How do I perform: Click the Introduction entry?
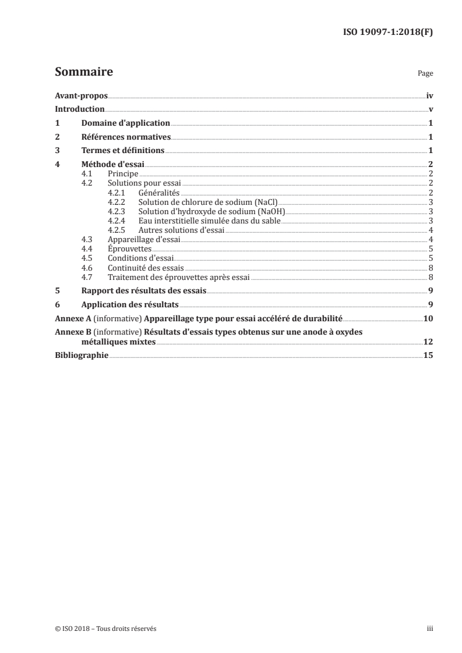click(79, 109)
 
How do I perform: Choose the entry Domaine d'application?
click(125, 123)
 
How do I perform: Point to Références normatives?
click(125, 137)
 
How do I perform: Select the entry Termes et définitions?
click(122, 151)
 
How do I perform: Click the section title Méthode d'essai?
click(112, 165)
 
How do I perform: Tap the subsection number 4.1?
click(87, 174)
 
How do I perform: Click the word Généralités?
click(159, 193)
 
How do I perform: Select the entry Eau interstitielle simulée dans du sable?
click(209, 221)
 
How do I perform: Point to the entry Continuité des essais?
click(146, 268)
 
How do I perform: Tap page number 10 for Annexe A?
click(428, 319)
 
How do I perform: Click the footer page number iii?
click(431, 629)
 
